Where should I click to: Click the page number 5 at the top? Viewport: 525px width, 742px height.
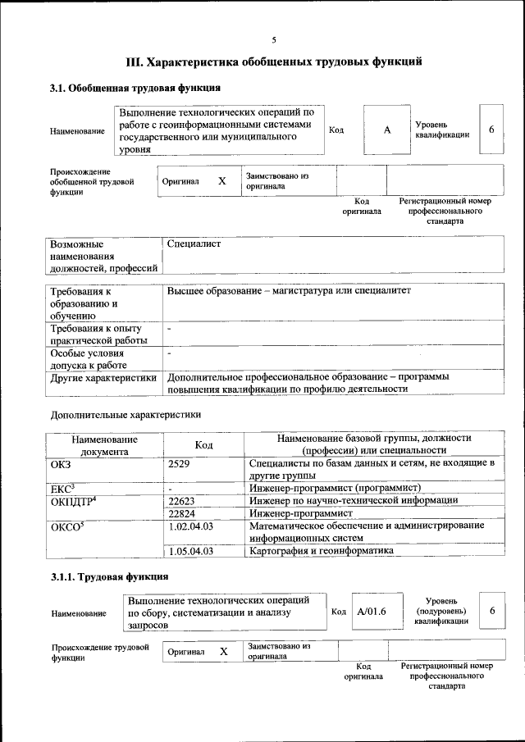(x=274, y=39)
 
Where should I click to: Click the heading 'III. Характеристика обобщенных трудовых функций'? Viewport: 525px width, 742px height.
(x=274, y=61)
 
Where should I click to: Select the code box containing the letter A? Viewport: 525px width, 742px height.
(x=386, y=130)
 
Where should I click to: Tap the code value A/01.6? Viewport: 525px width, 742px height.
(x=372, y=612)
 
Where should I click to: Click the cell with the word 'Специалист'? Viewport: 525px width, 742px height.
(x=194, y=244)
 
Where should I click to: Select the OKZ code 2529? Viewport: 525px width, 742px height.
(x=179, y=464)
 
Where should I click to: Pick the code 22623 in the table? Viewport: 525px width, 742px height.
(x=182, y=500)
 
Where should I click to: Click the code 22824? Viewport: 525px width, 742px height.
(x=182, y=513)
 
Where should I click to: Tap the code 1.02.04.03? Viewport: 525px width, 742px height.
(x=190, y=526)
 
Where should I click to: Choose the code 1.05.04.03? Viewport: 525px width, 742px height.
(x=190, y=552)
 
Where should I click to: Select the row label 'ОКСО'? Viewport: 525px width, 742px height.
(x=66, y=526)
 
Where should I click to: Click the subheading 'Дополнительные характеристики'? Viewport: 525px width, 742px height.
(x=125, y=415)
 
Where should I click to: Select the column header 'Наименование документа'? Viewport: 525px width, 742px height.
(x=104, y=445)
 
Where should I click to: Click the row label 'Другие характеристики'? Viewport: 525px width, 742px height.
(x=103, y=378)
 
